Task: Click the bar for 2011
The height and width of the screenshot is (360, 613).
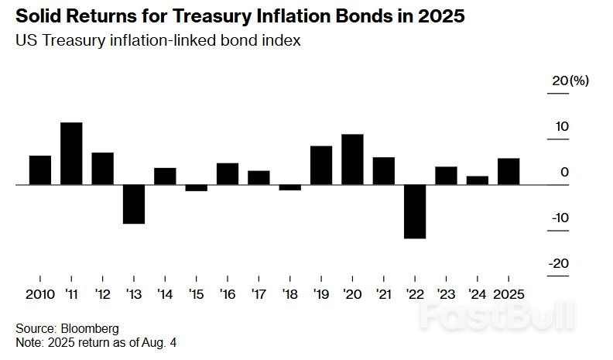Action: (71, 153)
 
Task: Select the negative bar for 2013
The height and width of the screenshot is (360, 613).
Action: (134, 204)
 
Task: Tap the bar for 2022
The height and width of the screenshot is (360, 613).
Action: (415, 211)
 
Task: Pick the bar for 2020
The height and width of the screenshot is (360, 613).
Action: (352, 159)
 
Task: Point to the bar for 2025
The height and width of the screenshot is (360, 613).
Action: (509, 171)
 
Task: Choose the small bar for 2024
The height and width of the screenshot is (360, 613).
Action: (478, 180)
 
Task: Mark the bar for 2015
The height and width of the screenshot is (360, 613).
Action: (197, 187)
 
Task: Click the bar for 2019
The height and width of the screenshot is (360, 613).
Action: (321, 165)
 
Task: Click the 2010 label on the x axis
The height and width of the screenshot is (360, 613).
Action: (40, 294)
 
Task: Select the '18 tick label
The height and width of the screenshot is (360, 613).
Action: (289, 294)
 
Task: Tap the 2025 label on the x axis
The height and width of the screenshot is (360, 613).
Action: (509, 294)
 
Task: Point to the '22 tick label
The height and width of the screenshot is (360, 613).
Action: (414, 294)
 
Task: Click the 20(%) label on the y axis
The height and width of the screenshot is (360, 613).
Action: (570, 81)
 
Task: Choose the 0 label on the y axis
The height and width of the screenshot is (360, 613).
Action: (565, 172)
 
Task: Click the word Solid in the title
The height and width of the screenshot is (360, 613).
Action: (38, 16)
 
